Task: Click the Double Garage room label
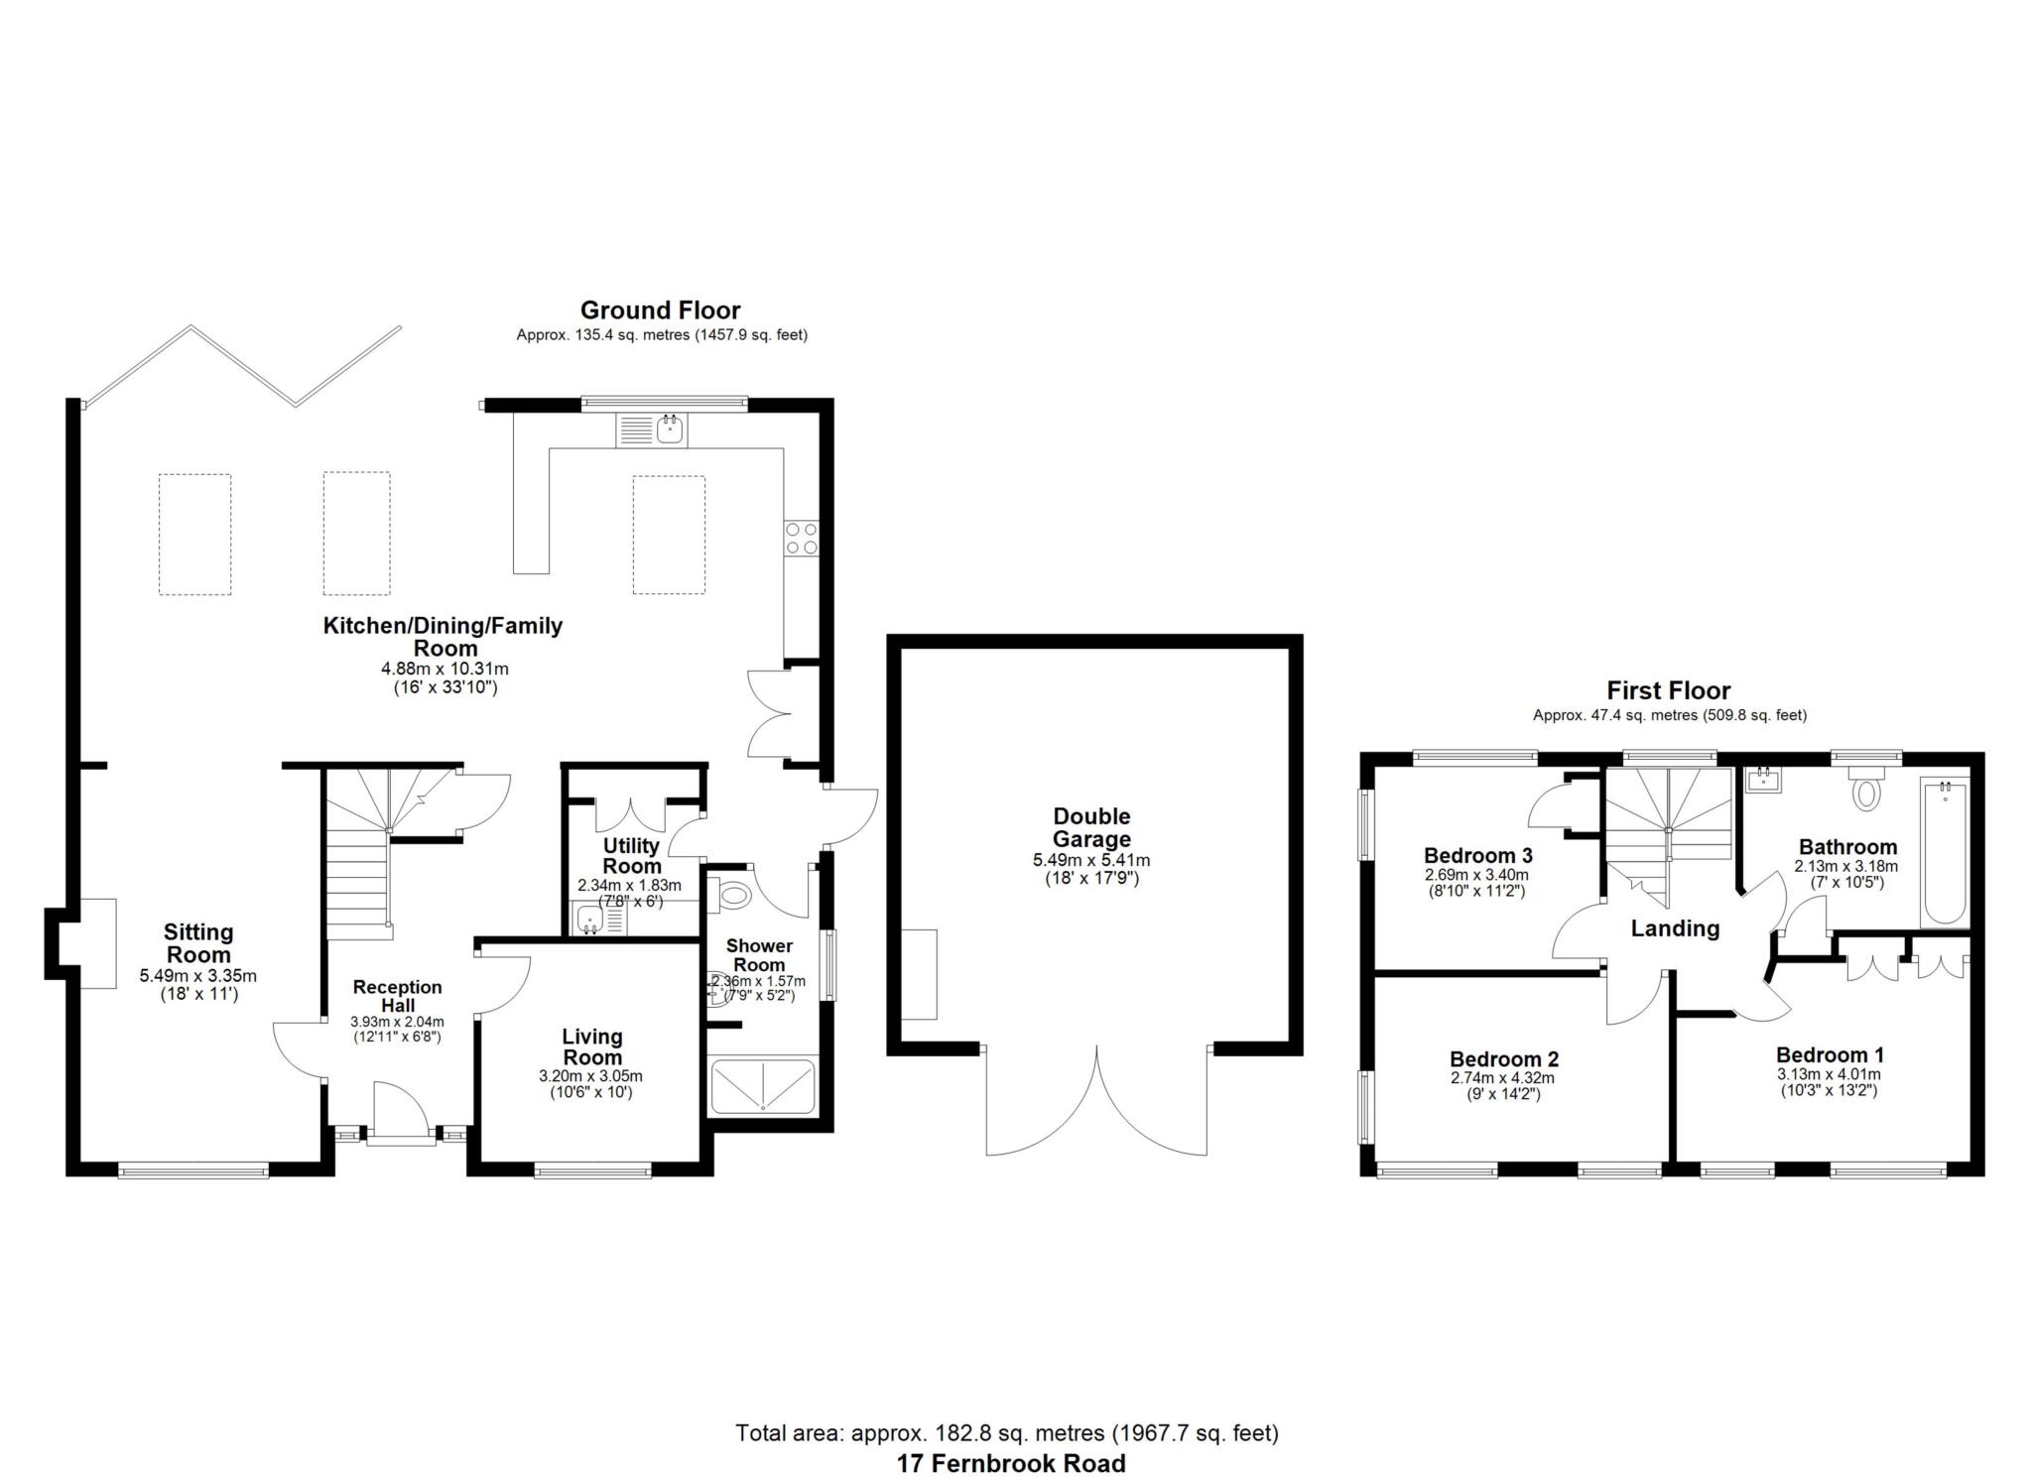point(1091,827)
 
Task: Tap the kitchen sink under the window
point(652,430)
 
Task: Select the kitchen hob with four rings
point(802,537)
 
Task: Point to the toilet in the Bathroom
point(1866,786)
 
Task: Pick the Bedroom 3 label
point(1477,855)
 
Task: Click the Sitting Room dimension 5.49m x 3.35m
point(198,976)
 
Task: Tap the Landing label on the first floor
point(1675,928)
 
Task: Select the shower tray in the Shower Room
point(763,1086)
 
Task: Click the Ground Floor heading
point(660,310)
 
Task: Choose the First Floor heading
point(1669,690)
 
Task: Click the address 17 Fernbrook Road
point(1011,1463)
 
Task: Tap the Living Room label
point(592,1046)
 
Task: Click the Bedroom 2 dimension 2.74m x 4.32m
point(1502,1079)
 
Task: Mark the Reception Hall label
point(397,996)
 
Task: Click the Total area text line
point(1007,1432)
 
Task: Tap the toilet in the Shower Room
point(730,895)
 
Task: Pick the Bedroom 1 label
point(1830,1055)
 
